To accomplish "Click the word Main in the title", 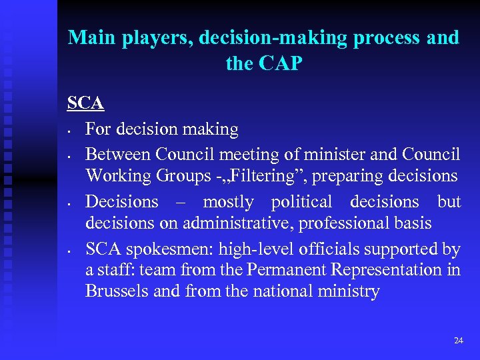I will (92, 37).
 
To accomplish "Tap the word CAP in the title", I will (281, 63).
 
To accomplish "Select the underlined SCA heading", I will (85, 104).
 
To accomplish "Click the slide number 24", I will (458, 341).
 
